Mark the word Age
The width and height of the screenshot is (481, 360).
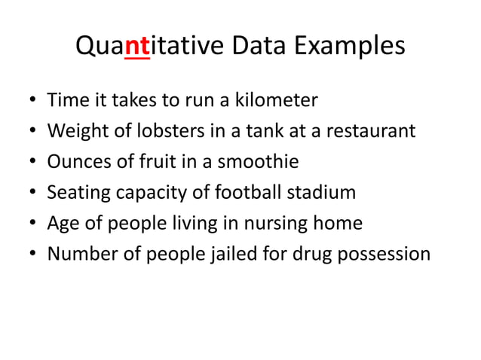point(61,224)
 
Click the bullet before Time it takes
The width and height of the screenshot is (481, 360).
point(29,100)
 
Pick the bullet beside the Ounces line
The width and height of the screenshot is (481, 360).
point(29,162)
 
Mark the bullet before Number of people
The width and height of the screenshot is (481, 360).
point(29,255)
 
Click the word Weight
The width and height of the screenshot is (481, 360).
point(76,131)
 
